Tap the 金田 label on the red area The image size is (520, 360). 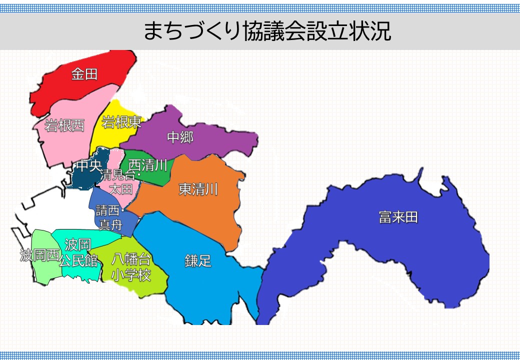tap(84, 74)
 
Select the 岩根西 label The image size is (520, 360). tap(64, 125)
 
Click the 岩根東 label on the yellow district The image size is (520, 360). tap(121, 122)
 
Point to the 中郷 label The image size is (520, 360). tap(180, 137)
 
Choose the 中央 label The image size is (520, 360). tap(88, 166)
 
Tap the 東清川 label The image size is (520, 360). tap(198, 189)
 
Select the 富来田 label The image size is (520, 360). tap(398, 217)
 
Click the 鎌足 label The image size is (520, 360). tap(198, 260)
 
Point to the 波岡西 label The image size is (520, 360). tap(39, 256)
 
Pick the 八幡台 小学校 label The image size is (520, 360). tap(131, 267)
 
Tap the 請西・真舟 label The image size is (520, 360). tap(110, 218)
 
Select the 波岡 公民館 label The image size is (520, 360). tap(78, 252)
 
